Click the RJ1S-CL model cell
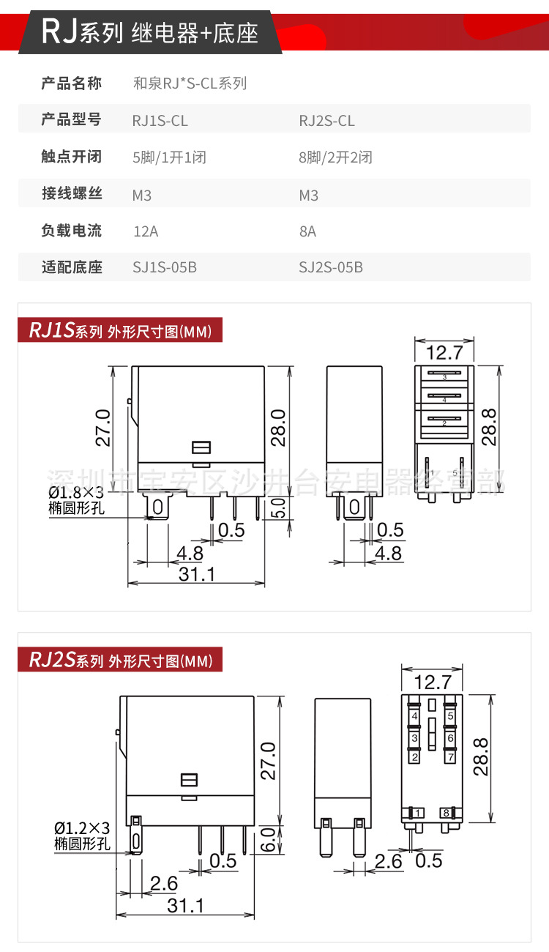(x=160, y=121)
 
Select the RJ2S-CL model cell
(x=326, y=121)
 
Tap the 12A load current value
(x=146, y=231)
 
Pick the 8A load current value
(x=307, y=231)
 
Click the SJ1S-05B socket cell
(x=164, y=267)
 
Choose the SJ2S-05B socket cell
(x=330, y=267)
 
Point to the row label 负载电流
(x=72, y=231)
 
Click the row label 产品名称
(x=72, y=83)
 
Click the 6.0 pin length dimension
(x=269, y=838)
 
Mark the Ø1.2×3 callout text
(x=82, y=828)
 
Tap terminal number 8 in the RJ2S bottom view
(x=445, y=813)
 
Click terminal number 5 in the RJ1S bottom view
(x=455, y=473)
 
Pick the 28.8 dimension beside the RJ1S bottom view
(x=490, y=427)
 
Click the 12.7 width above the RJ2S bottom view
(x=432, y=683)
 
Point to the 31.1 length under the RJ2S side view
(x=186, y=905)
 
